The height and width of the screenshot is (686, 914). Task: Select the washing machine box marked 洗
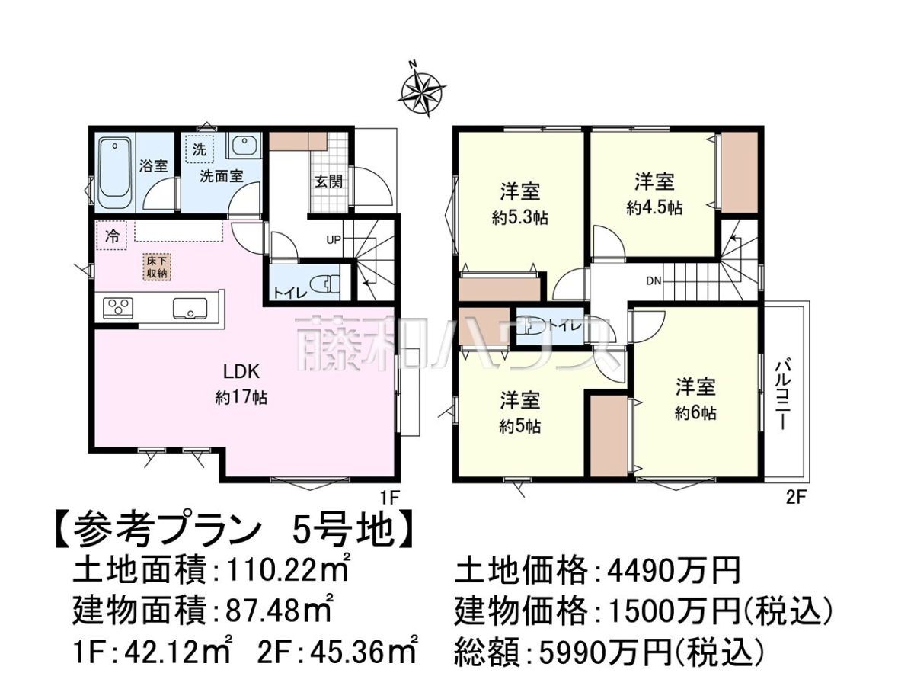coord(199,149)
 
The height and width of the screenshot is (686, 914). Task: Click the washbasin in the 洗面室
coord(244,146)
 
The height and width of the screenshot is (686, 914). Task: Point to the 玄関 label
coord(328,181)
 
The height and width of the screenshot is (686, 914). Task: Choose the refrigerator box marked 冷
coord(111,236)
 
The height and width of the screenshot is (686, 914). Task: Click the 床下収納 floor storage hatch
coord(157,267)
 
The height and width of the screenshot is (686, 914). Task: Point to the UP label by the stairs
coord(334,240)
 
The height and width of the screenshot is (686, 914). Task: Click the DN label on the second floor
coord(654,281)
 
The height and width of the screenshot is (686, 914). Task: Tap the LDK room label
coord(242,371)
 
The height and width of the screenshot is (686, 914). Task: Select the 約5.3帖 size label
coord(519,218)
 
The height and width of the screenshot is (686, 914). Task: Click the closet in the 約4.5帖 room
coord(739,173)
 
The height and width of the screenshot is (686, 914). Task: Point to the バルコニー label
coord(781,394)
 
